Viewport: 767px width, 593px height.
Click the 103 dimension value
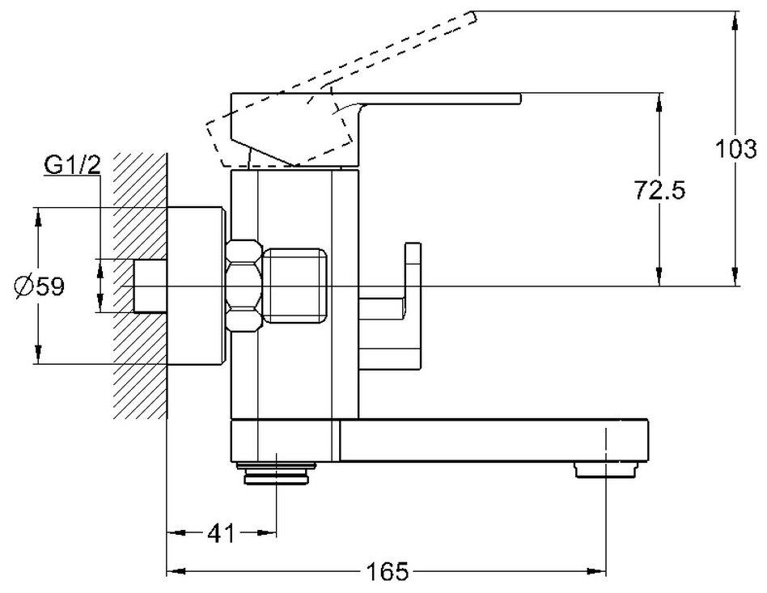736,149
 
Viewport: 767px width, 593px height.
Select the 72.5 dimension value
659,192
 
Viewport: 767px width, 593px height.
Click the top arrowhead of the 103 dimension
737,16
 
